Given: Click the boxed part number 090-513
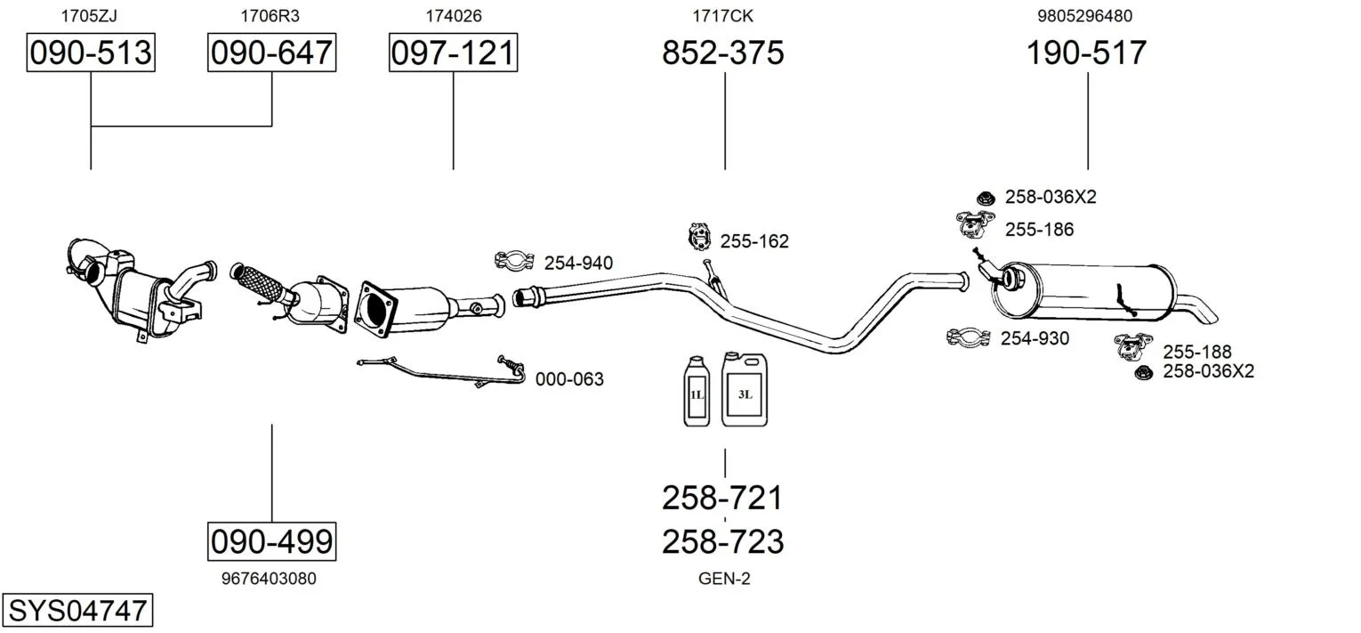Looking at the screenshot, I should [91, 53].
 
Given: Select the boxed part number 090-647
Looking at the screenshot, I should [271, 53].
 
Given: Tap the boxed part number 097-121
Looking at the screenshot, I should [453, 53].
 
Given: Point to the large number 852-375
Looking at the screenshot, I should [722, 53].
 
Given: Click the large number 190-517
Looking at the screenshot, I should [1086, 53].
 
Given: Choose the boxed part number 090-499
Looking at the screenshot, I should [271, 540].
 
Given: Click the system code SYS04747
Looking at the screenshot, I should [77, 611].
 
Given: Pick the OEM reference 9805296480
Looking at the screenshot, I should [1084, 15].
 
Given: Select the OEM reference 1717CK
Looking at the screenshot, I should [723, 15].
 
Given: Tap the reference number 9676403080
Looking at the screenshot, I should [268, 579].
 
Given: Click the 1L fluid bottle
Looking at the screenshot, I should [695, 391].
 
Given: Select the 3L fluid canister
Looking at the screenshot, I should [744, 388].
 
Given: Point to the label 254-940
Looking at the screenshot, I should [578, 263].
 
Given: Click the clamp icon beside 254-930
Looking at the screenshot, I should [969, 337].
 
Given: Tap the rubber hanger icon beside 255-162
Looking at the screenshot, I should [701, 238].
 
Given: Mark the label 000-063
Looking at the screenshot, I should [569, 379].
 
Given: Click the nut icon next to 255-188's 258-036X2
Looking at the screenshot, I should [1144, 371].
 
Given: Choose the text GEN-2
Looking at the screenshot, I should [724, 579].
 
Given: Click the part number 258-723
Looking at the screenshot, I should [722, 541].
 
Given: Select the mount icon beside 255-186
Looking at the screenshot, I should [973, 225].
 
